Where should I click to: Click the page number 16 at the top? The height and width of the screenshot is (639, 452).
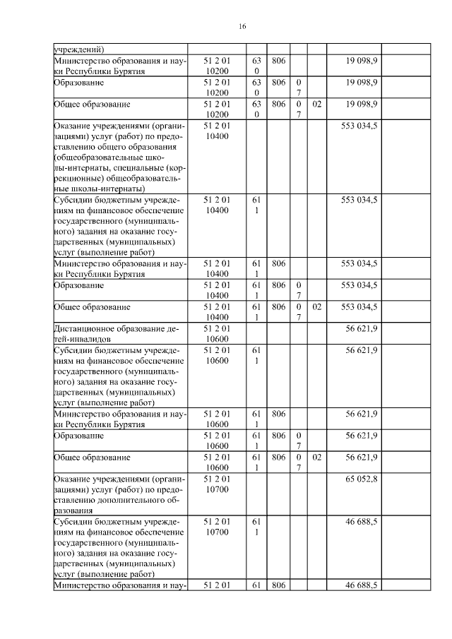click(x=242, y=26)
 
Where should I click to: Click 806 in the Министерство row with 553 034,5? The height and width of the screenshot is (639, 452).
click(x=278, y=263)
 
